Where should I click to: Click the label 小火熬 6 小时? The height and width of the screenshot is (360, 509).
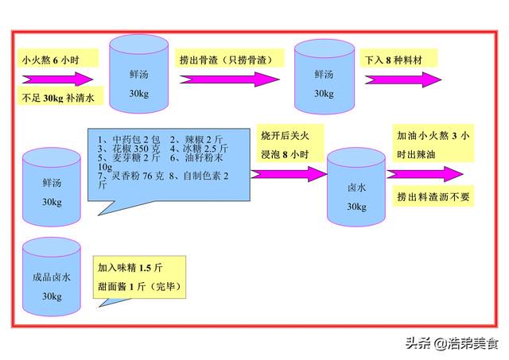(x=50, y=60)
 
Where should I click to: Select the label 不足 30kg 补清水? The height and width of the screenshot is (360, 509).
(x=58, y=98)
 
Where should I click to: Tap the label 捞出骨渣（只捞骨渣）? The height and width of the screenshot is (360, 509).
(x=226, y=60)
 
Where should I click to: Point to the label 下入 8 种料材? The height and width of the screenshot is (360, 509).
(x=394, y=60)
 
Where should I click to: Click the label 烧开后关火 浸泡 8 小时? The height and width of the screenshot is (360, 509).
(x=285, y=145)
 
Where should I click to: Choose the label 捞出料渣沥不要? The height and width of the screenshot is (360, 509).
(x=433, y=196)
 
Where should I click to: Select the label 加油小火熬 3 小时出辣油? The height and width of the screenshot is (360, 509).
(x=433, y=145)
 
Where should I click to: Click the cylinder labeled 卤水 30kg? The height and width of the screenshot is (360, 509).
(x=356, y=187)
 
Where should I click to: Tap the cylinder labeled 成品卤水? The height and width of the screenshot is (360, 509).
(x=51, y=277)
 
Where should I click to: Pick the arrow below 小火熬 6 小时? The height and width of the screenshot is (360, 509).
(x=57, y=79)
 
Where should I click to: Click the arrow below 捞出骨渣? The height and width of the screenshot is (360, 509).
(x=230, y=79)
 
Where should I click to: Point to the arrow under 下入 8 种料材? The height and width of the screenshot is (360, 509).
(x=403, y=79)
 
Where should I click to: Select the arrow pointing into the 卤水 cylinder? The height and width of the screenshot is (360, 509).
(x=288, y=174)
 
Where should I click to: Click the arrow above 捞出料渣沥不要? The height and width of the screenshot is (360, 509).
(x=425, y=174)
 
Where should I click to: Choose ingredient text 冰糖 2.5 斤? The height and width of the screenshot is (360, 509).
(x=199, y=149)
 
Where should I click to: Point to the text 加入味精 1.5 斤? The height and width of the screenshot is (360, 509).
(x=130, y=268)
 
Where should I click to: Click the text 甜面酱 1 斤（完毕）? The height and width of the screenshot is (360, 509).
(x=140, y=287)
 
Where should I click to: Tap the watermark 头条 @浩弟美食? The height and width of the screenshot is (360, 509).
(x=452, y=343)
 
